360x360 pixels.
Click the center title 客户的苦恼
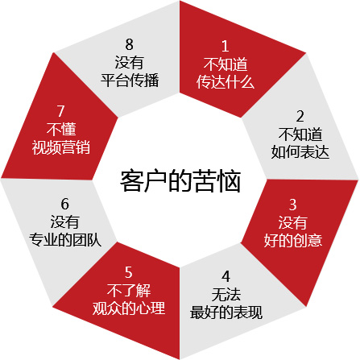(180, 181)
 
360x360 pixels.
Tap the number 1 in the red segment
(225, 46)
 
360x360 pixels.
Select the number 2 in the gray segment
(300, 116)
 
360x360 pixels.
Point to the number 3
(292, 205)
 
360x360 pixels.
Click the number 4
(226, 276)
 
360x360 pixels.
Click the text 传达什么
(226, 81)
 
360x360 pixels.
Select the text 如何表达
(300, 151)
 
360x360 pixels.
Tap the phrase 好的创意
(293, 240)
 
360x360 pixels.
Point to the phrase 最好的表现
(226, 312)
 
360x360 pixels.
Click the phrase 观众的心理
(129, 308)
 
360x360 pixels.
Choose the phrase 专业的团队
(65, 239)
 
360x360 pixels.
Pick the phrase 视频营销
(61, 147)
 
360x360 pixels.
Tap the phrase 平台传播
(130, 80)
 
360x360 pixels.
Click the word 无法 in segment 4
(226, 294)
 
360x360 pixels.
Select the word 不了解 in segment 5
(129, 290)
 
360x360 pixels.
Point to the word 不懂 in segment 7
(61, 129)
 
